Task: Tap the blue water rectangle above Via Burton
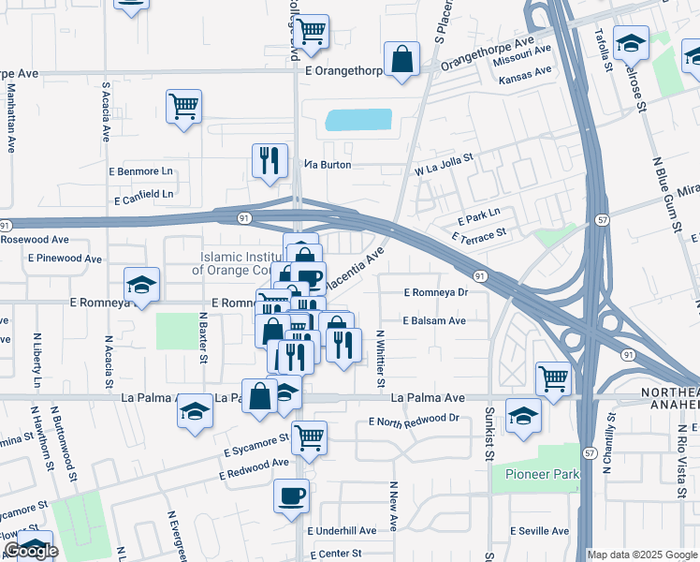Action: click(x=357, y=120)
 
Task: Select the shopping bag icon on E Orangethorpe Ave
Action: click(x=401, y=60)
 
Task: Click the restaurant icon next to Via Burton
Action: click(x=270, y=159)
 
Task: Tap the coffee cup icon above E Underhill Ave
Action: click(x=292, y=495)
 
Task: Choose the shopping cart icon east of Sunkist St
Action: click(x=554, y=379)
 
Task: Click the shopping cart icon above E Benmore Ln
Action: click(x=184, y=106)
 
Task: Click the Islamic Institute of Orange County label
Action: click(x=238, y=263)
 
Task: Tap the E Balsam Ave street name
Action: click(x=434, y=320)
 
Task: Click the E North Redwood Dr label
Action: click(x=415, y=421)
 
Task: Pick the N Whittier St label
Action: click(x=380, y=358)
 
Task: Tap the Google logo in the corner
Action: click(x=31, y=551)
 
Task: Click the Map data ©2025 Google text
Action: click(x=643, y=555)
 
